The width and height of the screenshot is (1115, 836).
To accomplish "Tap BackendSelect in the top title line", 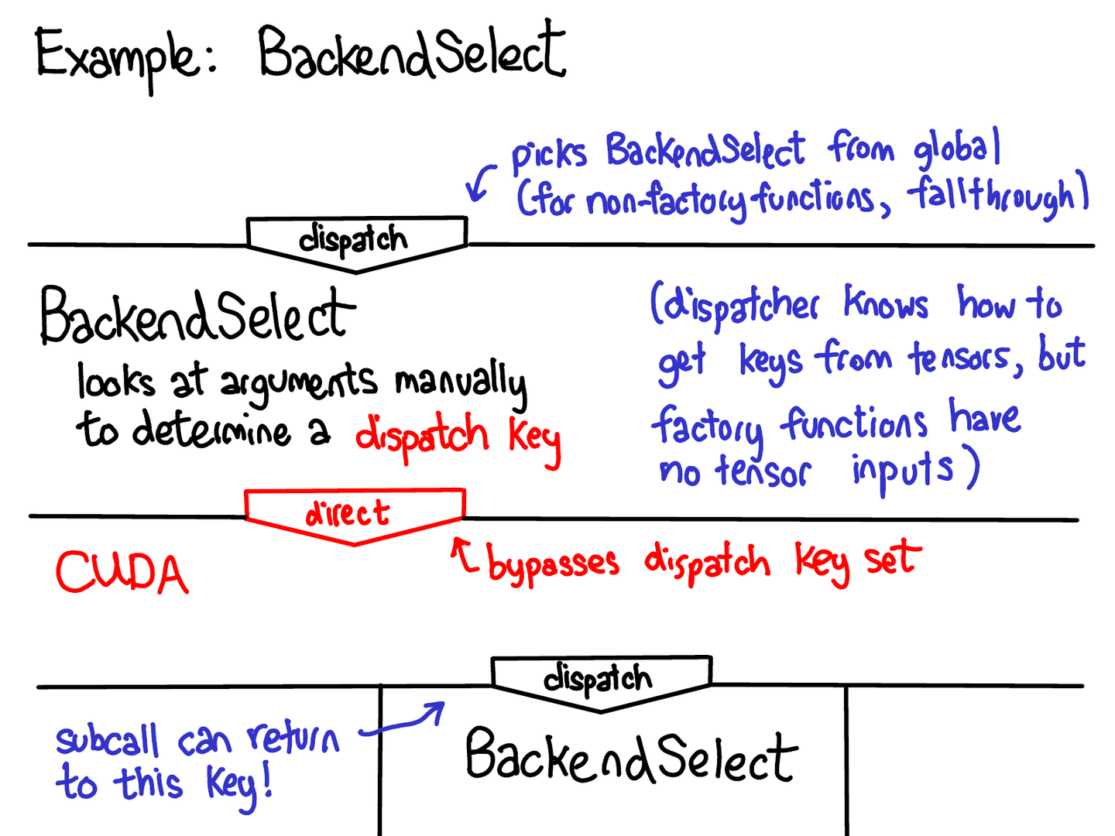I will tap(411, 53).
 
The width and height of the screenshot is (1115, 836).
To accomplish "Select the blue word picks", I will tap(549, 153).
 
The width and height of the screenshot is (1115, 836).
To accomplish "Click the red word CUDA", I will tap(122, 574).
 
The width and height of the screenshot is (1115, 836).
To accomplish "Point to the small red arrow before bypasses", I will tap(465, 556).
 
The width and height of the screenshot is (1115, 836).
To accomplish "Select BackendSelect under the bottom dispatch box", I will tap(630, 756).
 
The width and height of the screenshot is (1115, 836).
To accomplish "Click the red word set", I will tap(893, 559).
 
